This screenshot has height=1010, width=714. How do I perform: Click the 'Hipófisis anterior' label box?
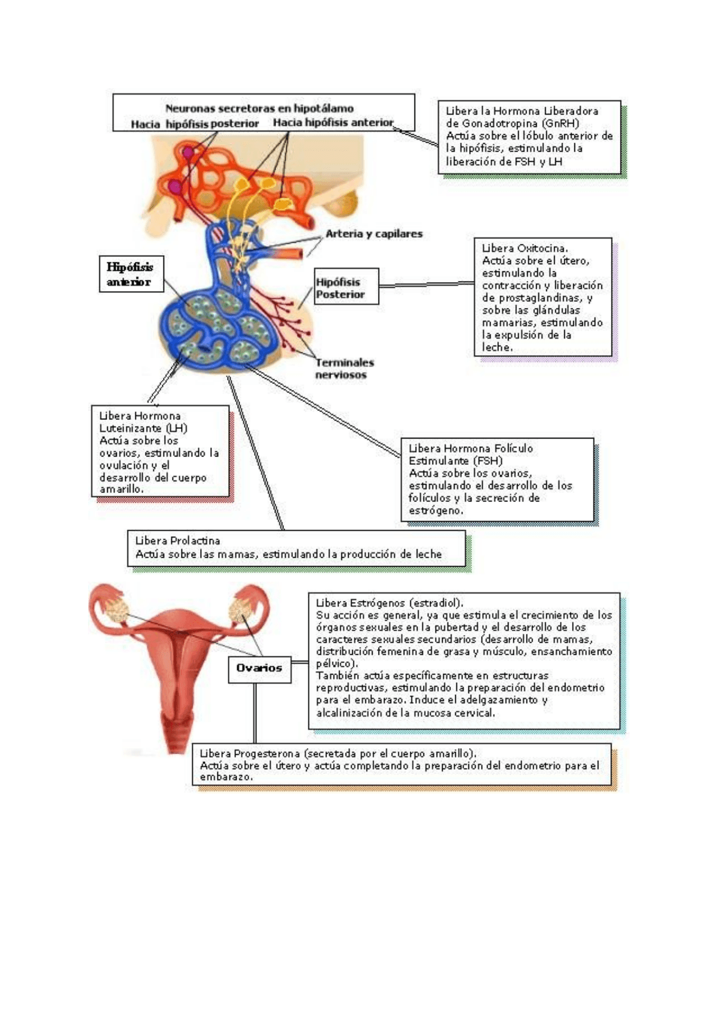coord(131,274)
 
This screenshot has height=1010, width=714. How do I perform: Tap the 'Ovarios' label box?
coord(259,668)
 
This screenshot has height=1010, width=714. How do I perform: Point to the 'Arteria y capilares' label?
coord(374,234)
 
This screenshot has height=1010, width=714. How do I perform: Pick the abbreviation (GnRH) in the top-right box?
coord(559,123)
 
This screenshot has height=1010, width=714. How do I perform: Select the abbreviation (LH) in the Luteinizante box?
coord(177,428)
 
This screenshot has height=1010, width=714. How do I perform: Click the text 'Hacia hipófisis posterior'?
coord(195,124)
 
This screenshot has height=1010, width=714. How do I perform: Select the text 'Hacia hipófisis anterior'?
coord(333,123)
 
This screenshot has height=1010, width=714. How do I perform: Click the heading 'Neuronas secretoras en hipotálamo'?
coord(259,108)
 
